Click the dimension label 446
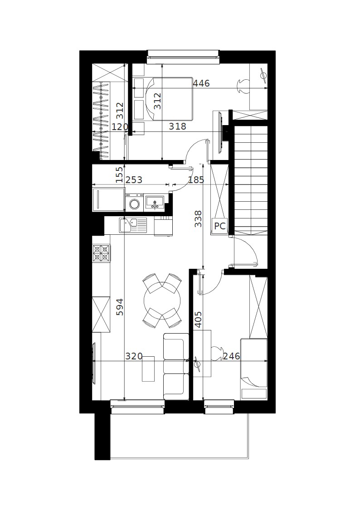pyautogui.click(x=201, y=83)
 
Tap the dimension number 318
pyautogui.click(x=177, y=126)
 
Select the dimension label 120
pyautogui.click(x=120, y=126)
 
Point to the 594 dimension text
pyautogui.click(x=120, y=307)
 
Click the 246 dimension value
pyautogui.click(x=231, y=356)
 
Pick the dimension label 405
pyautogui.click(x=198, y=320)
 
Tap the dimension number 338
pyautogui.click(x=198, y=219)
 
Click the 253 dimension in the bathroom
pyautogui.click(x=134, y=179)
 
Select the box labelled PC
pyautogui.click(x=220, y=226)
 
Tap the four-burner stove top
pyautogui.click(x=101, y=253)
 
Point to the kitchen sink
pyautogui.click(x=133, y=225)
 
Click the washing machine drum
pyautogui.click(x=134, y=204)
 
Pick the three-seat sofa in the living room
pyautogui.click(x=176, y=367)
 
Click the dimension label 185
pyautogui.click(x=196, y=179)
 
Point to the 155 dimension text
pyautogui.click(x=120, y=175)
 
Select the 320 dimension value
pyautogui.click(x=134, y=356)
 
